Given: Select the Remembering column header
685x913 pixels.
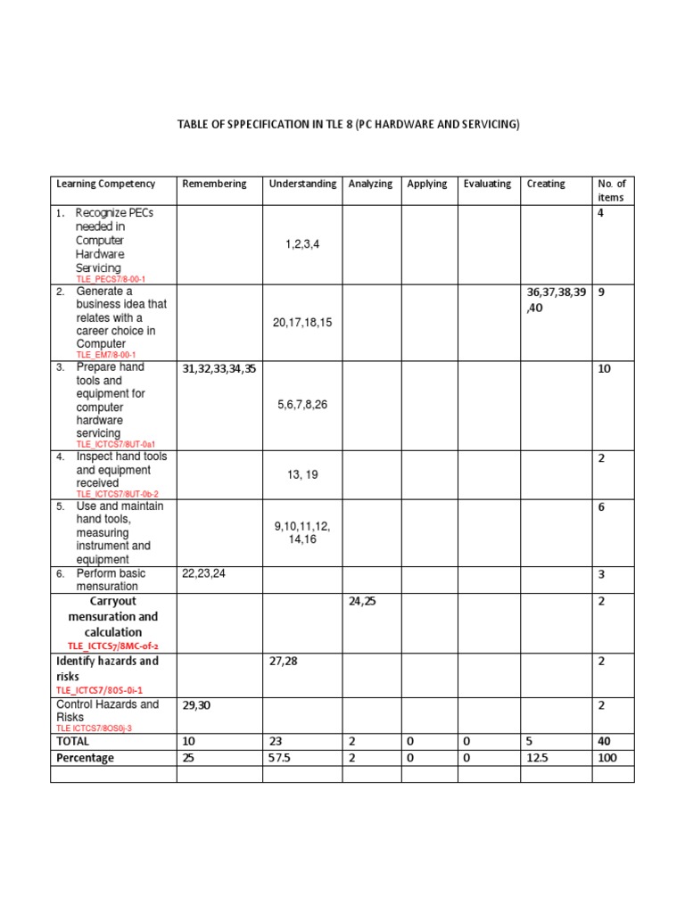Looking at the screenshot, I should click(x=214, y=184).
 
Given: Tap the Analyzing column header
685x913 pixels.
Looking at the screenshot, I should click(x=370, y=184).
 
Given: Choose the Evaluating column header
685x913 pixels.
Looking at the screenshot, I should click(x=487, y=184).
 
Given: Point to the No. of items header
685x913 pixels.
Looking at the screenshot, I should click(x=611, y=191).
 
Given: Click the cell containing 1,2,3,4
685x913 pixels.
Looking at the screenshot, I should click(x=302, y=243).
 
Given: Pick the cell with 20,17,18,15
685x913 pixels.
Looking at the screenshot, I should click(x=302, y=322).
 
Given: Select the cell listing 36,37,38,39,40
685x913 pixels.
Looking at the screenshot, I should click(x=557, y=300).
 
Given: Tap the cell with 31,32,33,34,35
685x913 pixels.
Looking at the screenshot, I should click(x=219, y=368).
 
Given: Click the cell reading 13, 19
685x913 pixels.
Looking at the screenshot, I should click(x=302, y=475).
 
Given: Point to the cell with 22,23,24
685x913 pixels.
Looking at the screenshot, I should click(x=204, y=573).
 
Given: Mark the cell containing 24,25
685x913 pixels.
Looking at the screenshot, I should click(x=362, y=601).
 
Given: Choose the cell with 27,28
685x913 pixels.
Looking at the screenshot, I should click(x=285, y=661).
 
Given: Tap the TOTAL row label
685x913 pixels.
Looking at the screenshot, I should click(x=73, y=741).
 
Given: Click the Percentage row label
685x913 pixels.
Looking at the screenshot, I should click(x=86, y=758).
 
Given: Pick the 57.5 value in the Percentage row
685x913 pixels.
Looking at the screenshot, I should click(x=284, y=758).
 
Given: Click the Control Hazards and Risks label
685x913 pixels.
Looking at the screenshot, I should click(x=107, y=711).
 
